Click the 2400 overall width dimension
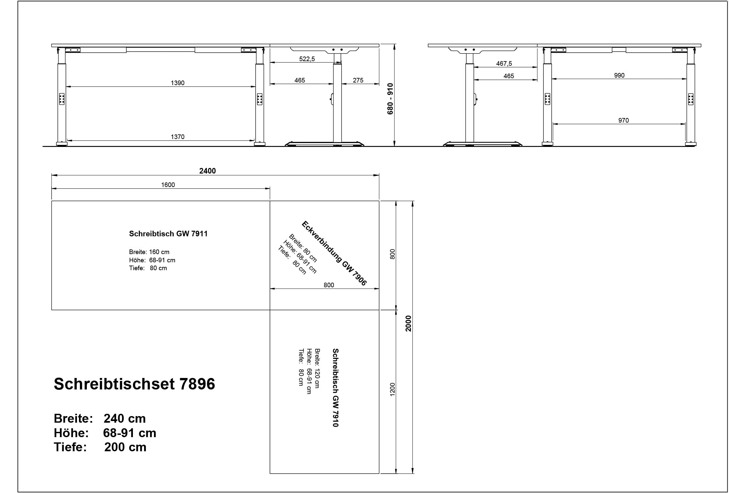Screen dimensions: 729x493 (208, 171)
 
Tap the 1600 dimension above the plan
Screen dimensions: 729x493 (168, 185)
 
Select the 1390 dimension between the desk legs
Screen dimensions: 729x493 (177, 83)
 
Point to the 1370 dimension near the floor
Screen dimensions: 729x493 (177, 137)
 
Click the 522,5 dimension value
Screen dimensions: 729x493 (307, 59)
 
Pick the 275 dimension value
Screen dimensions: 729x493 (358, 80)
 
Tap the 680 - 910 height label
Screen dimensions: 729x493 (390, 99)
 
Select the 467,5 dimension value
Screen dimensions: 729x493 (504, 63)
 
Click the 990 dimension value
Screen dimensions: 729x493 (619, 75)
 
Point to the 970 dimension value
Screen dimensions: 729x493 (623, 120)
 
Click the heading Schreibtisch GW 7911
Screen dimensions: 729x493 (168, 234)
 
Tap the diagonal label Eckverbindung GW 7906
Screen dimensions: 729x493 (334, 253)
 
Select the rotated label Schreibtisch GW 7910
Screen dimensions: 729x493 (335, 388)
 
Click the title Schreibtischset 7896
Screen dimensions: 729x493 (134, 384)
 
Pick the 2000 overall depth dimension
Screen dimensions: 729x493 (408, 323)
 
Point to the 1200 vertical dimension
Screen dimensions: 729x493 (392, 389)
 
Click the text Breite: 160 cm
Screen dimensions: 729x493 (149, 252)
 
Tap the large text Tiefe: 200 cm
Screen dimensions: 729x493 (100, 447)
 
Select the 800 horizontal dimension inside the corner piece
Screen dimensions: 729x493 (329, 285)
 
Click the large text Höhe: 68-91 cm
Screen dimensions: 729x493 (105, 433)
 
